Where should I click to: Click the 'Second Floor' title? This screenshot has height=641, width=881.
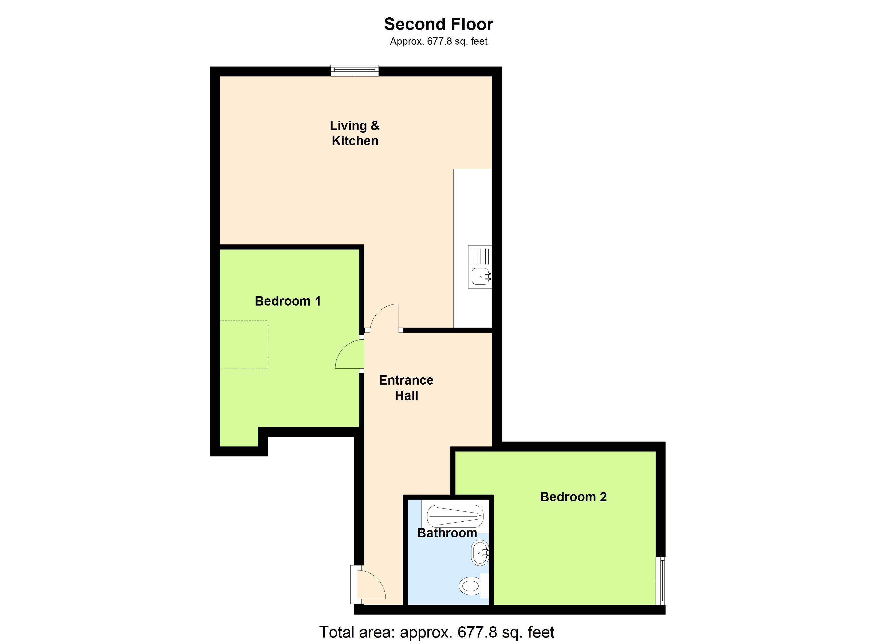tap(439, 24)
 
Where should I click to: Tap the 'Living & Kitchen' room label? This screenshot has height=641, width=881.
tap(355, 133)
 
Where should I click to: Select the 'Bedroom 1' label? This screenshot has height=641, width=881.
tap(288, 301)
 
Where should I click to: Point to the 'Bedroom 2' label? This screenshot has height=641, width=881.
tap(573, 497)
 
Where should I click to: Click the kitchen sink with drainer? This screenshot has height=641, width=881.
tap(480, 267)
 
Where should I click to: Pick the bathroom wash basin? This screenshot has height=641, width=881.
tap(480, 553)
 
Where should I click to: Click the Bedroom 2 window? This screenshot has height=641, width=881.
tap(661, 580)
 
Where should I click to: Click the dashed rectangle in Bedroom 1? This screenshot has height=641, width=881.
tap(244, 345)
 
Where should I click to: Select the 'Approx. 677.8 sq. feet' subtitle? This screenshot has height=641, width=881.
tap(439, 41)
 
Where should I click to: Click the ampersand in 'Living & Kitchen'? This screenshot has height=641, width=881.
tap(375, 126)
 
